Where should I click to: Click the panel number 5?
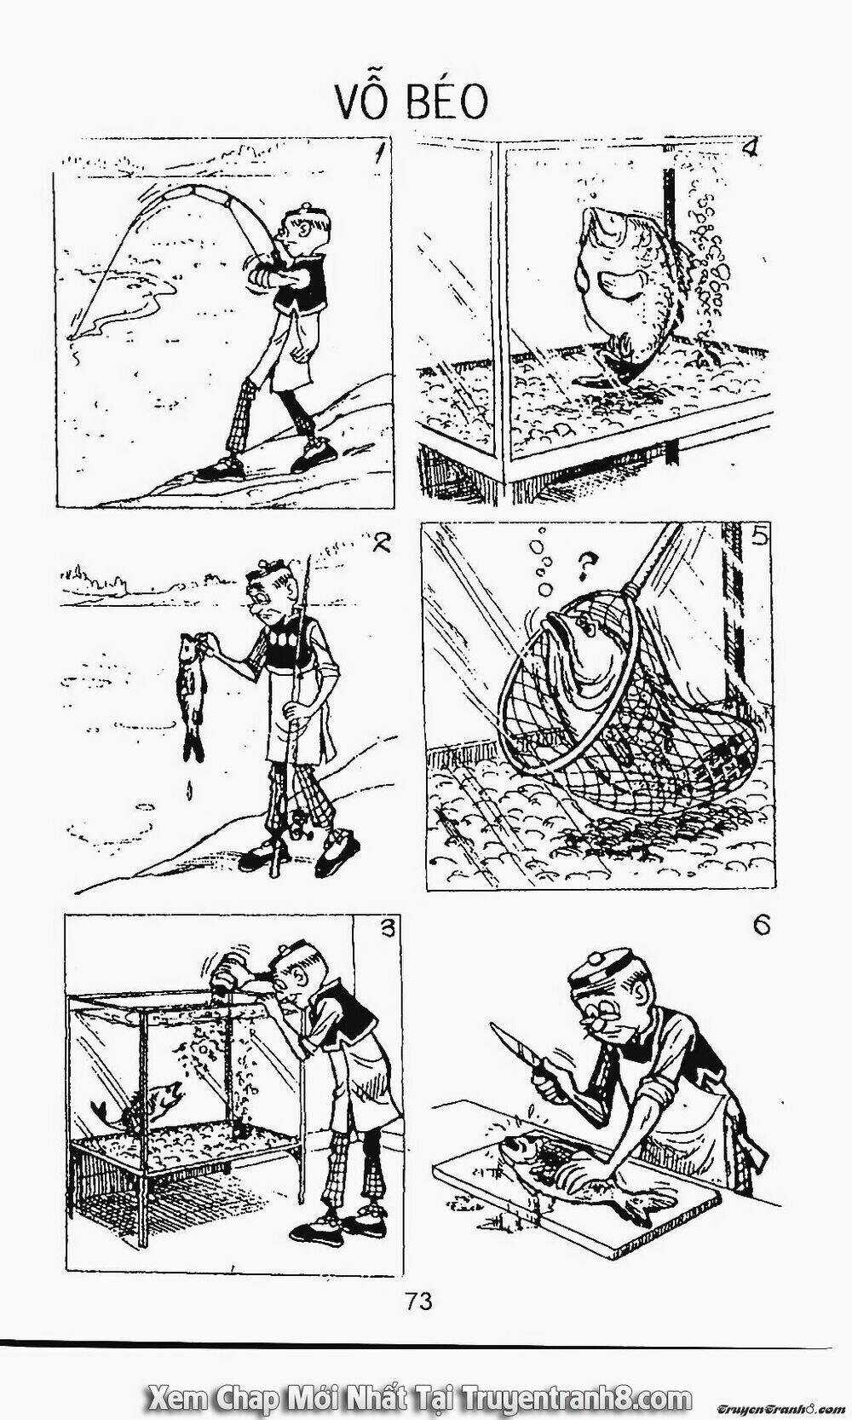pyautogui.click(x=759, y=538)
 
